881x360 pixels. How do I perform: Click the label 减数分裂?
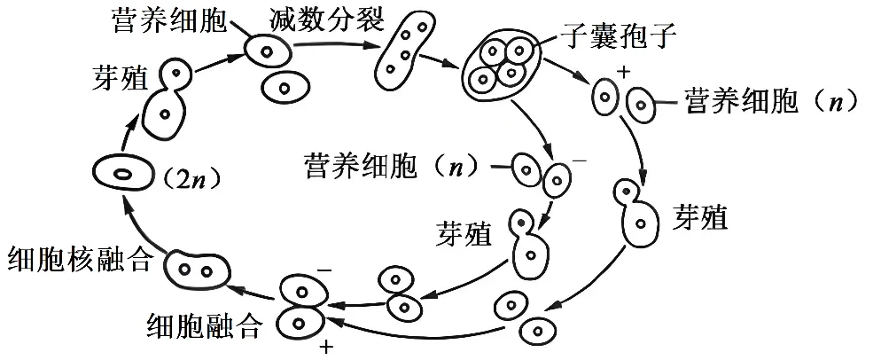pos(329,18)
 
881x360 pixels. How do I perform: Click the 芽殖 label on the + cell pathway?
pos(699,217)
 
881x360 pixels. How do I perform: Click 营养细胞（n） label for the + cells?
pos(769,103)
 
